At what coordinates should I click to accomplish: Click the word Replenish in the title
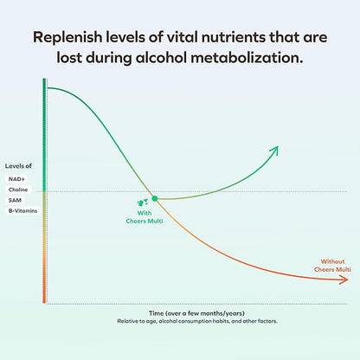click(68, 38)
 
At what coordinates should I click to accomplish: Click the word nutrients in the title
click(249, 38)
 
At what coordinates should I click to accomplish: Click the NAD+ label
click(16, 178)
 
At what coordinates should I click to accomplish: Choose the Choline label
click(18, 190)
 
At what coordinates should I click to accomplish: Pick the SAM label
click(15, 200)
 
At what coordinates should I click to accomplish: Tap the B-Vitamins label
click(23, 210)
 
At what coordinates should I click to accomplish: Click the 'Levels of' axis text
click(19, 165)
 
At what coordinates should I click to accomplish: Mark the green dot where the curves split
click(154, 199)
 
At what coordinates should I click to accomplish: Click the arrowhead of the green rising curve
click(275, 150)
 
